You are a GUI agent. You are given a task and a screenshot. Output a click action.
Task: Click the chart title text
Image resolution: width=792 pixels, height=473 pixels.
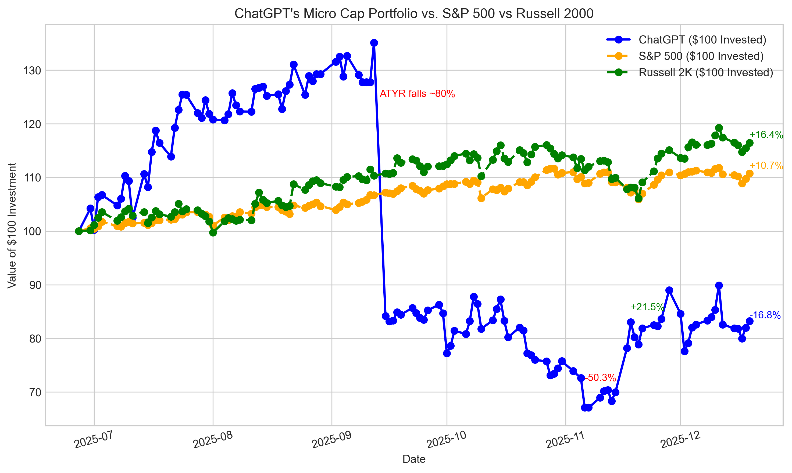pos(414,14)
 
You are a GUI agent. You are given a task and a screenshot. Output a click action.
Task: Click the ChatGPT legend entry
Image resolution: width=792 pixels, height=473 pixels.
pos(702,39)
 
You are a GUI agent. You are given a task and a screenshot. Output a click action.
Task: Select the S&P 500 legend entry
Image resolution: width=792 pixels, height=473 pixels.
pos(701,56)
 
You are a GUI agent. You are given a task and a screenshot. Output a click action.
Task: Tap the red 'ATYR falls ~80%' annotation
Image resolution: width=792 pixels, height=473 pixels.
pos(417,94)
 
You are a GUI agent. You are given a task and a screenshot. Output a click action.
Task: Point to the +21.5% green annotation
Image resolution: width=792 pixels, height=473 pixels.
pos(647,307)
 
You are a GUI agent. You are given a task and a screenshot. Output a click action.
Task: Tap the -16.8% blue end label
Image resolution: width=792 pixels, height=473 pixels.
pos(765,315)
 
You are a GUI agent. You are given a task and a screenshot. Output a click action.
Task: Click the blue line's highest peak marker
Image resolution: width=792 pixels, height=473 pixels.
pos(374,43)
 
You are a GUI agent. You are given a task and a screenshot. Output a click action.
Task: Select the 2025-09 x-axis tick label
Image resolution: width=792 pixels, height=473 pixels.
pos(332,440)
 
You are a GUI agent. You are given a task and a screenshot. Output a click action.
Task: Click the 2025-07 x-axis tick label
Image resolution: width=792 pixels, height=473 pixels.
pos(94,440)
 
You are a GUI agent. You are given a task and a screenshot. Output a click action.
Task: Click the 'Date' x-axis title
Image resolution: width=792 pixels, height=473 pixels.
pos(414,459)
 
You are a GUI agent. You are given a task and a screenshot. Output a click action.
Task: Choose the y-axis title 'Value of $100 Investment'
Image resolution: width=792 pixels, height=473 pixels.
pos(12,225)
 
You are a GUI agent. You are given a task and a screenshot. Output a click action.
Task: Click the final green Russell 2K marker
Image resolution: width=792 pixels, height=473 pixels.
pos(750,143)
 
